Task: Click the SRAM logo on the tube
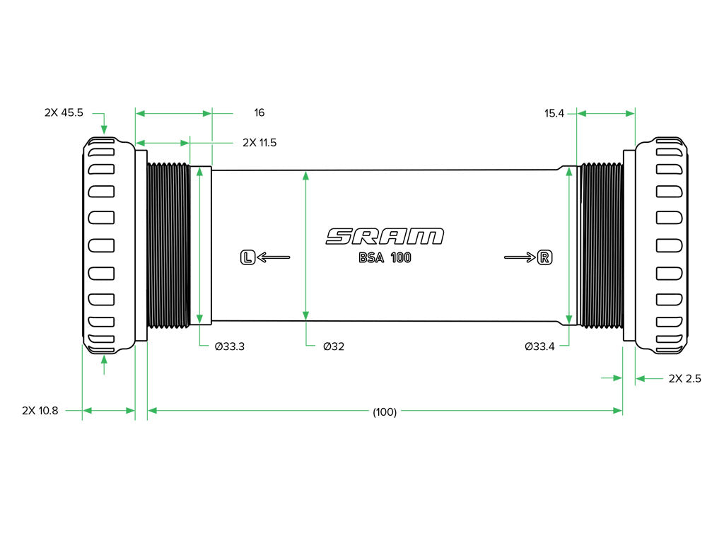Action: (385, 236)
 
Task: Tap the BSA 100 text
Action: (385, 257)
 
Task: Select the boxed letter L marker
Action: (248, 257)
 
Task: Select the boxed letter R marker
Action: (545, 257)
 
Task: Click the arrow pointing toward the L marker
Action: (274, 257)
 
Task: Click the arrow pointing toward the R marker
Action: (520, 257)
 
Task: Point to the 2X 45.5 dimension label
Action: (64, 112)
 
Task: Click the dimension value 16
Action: (259, 112)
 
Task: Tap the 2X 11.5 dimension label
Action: (259, 143)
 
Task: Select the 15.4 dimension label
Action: (554, 113)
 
